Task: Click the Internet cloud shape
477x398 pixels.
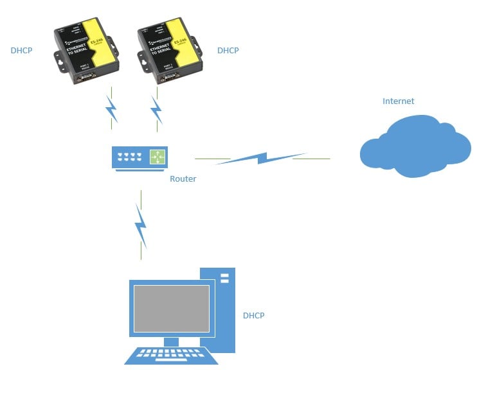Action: [x=415, y=147]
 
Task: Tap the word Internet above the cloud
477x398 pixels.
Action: [x=398, y=101]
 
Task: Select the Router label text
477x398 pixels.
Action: [x=183, y=179]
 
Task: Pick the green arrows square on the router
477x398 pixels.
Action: [x=157, y=156]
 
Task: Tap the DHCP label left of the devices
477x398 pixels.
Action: [x=21, y=50]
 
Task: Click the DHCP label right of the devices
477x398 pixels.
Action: [x=228, y=50]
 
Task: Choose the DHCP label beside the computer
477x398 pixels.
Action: [x=253, y=316]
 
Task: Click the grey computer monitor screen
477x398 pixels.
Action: [x=171, y=308]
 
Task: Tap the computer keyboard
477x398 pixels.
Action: [x=171, y=355]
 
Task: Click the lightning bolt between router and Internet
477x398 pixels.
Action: [x=260, y=158]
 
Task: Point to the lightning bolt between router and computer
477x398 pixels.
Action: [x=141, y=226]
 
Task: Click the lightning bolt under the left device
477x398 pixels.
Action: [x=112, y=110]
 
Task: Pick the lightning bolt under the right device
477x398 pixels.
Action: [x=156, y=110]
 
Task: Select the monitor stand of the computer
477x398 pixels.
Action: [x=171, y=341]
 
